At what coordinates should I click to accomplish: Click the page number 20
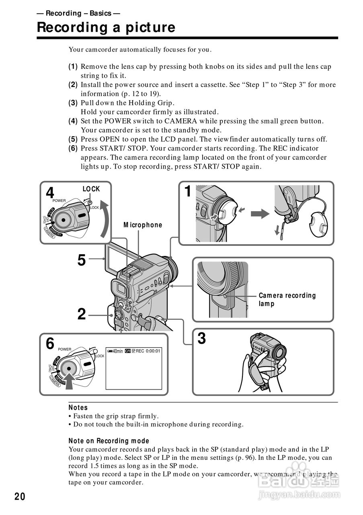[x=20, y=496]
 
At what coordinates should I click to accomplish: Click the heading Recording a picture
[x=106, y=27]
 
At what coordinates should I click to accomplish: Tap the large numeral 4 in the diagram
[x=50, y=193]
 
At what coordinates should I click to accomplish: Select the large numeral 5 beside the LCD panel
[x=82, y=260]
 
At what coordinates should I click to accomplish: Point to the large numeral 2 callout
[x=82, y=314]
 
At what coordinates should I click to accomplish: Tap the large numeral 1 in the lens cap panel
[x=188, y=192]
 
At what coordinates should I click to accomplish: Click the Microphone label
[x=143, y=225]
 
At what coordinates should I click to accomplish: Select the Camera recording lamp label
[x=287, y=299]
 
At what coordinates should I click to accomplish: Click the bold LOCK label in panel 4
[x=91, y=189]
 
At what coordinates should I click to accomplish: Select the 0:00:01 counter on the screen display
[x=153, y=351]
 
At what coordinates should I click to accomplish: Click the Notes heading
[x=78, y=408]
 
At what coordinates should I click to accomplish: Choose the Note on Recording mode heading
[x=109, y=441]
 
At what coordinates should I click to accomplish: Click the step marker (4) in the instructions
[x=73, y=121]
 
